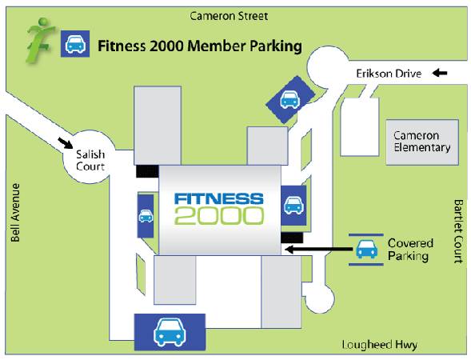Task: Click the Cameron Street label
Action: (229, 16)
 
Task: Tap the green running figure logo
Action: (40, 41)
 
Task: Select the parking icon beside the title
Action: (75, 43)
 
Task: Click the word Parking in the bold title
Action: (276, 46)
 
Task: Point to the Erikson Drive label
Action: (389, 74)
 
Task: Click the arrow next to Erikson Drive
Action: (440, 73)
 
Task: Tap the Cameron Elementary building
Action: (422, 142)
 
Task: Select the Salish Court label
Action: (90, 160)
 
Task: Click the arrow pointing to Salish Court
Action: (66, 142)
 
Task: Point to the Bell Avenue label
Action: (15, 213)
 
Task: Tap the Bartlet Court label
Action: (458, 231)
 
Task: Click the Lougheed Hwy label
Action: (380, 345)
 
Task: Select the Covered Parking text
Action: (410, 250)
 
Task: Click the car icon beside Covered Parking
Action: (366, 249)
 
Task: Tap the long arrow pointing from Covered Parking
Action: (318, 249)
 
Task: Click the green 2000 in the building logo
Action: (219, 215)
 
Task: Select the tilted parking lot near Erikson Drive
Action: (290, 100)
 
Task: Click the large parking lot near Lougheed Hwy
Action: (170, 332)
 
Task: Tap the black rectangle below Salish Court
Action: (147, 171)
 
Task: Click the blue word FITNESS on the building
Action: (219, 199)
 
